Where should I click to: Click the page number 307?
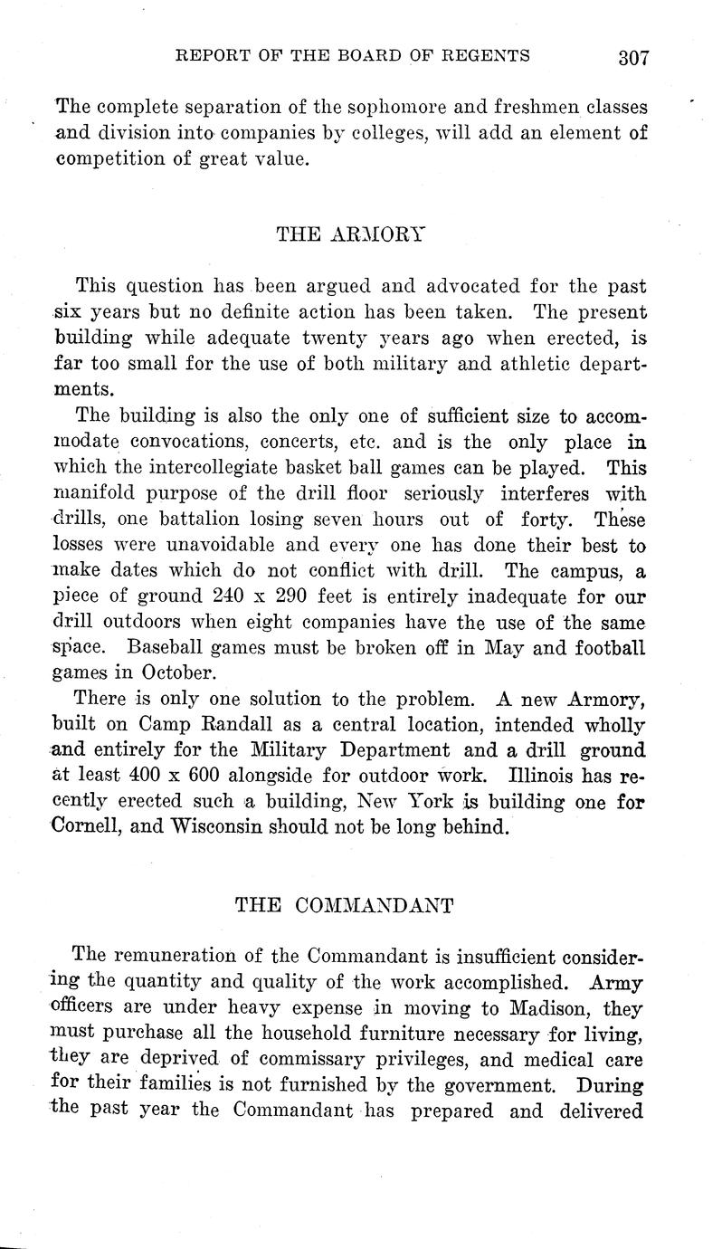tap(633, 59)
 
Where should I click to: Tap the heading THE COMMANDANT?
tap(345, 904)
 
